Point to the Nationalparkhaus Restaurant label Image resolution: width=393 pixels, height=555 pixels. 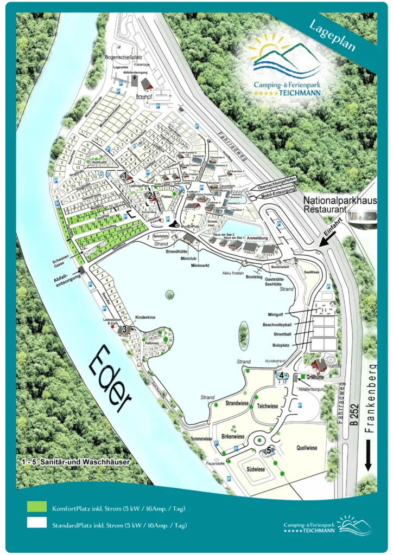tap(339, 204)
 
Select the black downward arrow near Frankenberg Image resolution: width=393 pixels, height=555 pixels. tap(369, 455)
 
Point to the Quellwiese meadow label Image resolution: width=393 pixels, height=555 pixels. tap(307, 448)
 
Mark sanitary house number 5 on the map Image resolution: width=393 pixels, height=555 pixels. tap(269, 450)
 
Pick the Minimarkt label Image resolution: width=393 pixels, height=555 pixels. tap(200, 266)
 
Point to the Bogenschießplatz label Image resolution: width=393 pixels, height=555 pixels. tap(123, 57)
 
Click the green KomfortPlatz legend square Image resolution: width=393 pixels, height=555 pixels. tap(36, 506)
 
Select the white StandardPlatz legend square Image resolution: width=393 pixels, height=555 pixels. tap(36, 524)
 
